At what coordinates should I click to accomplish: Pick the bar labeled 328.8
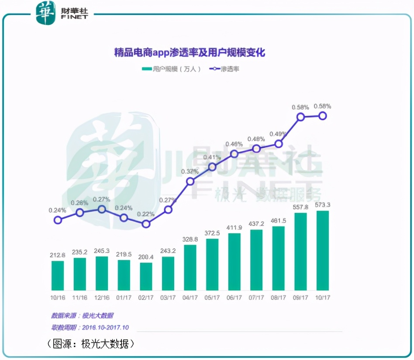click(190, 267)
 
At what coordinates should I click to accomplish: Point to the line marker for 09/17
click(300, 117)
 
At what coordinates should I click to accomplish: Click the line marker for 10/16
click(58, 220)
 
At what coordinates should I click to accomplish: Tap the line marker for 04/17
click(190, 181)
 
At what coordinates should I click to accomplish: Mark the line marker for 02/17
click(146, 224)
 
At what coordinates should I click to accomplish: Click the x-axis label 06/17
click(234, 298)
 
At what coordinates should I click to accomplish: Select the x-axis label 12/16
click(102, 298)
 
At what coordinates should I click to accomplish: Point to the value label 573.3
click(322, 204)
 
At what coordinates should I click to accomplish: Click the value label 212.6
click(58, 255)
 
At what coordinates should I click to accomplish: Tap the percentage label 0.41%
click(212, 157)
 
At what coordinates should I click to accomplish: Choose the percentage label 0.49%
click(278, 134)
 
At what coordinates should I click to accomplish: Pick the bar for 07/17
click(256, 260)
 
